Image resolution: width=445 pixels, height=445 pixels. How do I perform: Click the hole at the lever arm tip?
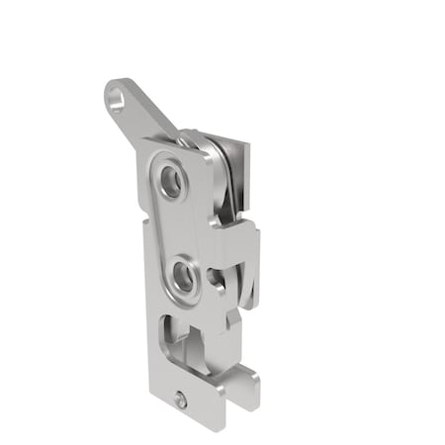click(119, 100)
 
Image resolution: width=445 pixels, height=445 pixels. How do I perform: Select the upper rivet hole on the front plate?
click(172, 181)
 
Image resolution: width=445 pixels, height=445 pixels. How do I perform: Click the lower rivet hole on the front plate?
click(182, 275)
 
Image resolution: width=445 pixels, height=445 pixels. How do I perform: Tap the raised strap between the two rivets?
click(177, 227)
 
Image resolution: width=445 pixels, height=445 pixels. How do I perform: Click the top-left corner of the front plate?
click(145, 144)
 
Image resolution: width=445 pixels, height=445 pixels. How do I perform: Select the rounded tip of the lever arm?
click(111, 91)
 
